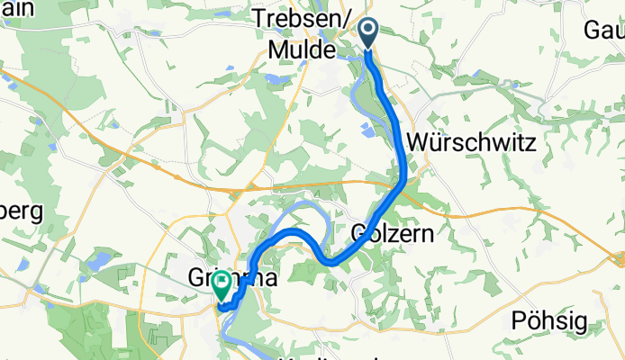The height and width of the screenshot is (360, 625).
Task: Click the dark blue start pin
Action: pos(370,33)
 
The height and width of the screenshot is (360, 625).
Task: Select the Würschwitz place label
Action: pos(472,142)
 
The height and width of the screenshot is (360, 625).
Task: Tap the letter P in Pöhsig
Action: pos(518,319)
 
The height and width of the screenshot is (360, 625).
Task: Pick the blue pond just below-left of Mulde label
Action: pos(270,79)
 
